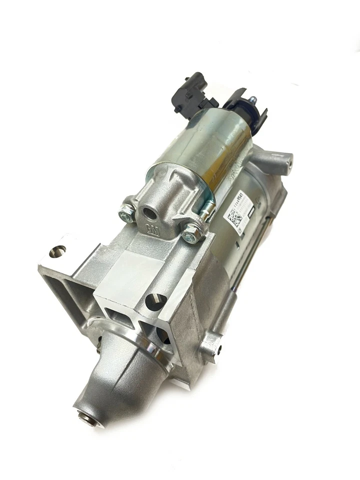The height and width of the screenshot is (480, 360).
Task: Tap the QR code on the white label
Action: [x=235, y=217]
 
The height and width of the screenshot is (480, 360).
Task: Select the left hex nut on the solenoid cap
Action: [x=125, y=215]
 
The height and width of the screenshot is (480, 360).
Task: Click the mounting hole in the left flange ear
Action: [x=58, y=249]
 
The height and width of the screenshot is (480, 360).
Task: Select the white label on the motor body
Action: [x=239, y=210]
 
